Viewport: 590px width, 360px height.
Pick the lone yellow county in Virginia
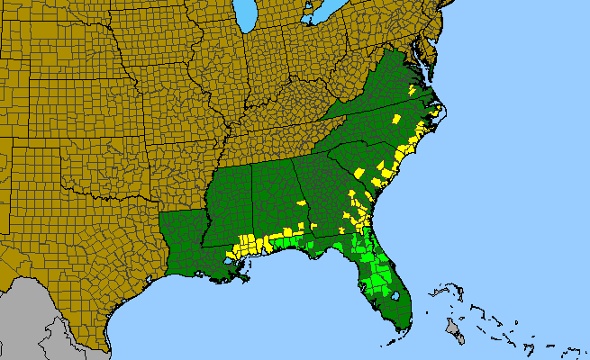(x=412, y=91)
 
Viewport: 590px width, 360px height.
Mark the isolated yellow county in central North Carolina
(x=395, y=119)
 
